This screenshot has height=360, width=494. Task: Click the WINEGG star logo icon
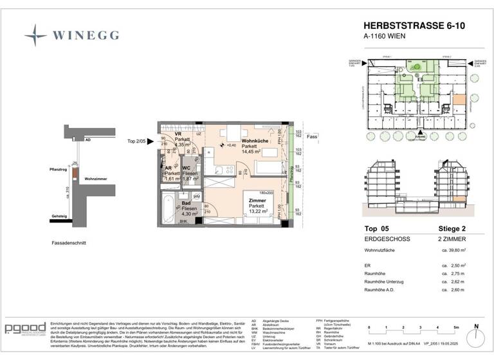coord(36,35)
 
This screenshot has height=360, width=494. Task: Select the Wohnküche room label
coord(255,141)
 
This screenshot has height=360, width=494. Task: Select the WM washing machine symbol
coord(197,196)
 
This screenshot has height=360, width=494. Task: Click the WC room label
coord(186,169)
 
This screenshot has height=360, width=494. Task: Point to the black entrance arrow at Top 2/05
coord(151,141)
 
